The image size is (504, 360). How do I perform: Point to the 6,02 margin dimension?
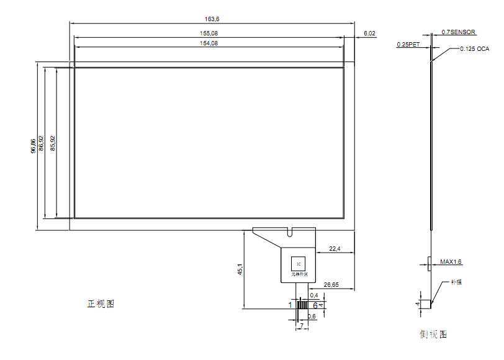(369, 33)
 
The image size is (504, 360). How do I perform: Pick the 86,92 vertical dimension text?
(41, 143)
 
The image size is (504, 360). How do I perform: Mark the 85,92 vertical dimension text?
(53, 143)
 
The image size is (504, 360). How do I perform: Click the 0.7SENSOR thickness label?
(459, 32)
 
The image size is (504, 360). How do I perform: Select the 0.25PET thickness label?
(408, 45)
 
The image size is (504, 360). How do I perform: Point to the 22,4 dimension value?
(334, 249)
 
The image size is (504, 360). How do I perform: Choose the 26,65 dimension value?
(331, 285)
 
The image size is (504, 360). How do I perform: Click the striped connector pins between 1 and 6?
(302, 305)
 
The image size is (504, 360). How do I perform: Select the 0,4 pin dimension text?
(314, 295)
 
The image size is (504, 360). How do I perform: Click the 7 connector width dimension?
(302, 325)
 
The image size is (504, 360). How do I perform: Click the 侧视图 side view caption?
(433, 335)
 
